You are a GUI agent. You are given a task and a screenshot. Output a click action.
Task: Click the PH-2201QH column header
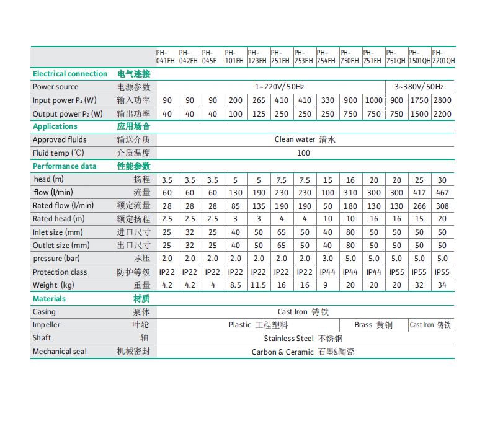coord(443,57)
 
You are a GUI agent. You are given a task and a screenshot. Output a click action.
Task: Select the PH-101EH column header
coord(234,57)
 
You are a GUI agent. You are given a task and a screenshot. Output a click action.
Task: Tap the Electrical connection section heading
coord(70,74)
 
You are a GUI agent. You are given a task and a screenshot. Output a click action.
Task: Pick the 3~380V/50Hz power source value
coord(420,87)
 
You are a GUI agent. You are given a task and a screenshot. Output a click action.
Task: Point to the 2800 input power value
coord(443,100)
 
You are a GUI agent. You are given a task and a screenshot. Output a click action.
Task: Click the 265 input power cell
coord(259,100)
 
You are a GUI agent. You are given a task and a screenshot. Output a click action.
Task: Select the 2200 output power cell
coord(443,114)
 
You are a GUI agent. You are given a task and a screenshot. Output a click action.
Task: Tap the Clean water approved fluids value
coord(305,139)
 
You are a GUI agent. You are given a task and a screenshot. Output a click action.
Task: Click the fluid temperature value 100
coord(303,153)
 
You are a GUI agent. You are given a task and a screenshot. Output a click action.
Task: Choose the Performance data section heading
coord(65,166)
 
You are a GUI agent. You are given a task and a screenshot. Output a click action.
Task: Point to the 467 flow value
coord(442,193)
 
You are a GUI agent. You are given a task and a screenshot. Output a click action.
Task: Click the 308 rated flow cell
coord(442,206)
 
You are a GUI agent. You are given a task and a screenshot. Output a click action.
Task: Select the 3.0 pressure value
coord(327,259)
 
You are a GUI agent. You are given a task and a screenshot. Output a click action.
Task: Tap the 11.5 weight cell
coord(259,285)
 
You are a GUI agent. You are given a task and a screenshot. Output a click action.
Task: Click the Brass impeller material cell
coord(373,325)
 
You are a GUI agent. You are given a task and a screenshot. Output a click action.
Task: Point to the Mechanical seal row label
coord(60,352)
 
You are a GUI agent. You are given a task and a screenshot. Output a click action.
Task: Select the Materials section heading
coord(49,299)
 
